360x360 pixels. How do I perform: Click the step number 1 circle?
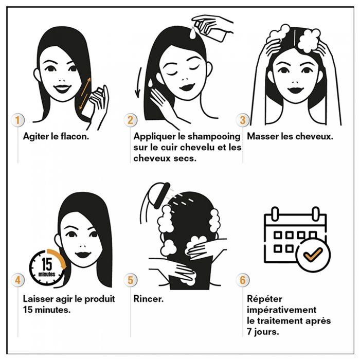18,120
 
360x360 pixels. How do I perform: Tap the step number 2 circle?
130,120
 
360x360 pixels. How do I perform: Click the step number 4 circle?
18,280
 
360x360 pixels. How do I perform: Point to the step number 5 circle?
130,280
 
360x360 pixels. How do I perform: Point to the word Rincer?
148,299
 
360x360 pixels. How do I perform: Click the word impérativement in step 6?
281,310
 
